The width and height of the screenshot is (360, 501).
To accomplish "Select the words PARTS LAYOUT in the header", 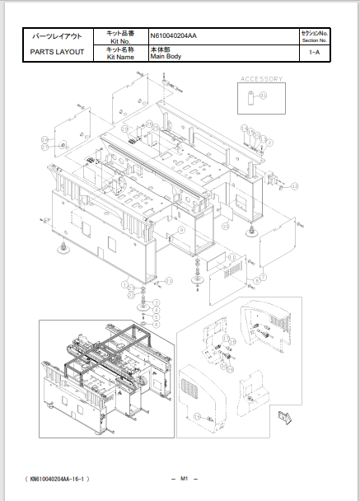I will pos(56,52).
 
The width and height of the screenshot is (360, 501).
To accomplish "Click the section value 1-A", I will pos(315,53).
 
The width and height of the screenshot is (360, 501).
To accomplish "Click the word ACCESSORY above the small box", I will pos(261,80).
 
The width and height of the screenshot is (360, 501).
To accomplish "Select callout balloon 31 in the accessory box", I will pos(264,96).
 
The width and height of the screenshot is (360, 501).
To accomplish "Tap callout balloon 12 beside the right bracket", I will pos(294,187).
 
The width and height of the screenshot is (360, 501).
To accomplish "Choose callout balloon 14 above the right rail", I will pos(245,128).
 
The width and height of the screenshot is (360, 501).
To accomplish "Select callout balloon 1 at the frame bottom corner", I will pos(124,284).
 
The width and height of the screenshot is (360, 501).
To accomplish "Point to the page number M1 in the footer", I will pos(185,479).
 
